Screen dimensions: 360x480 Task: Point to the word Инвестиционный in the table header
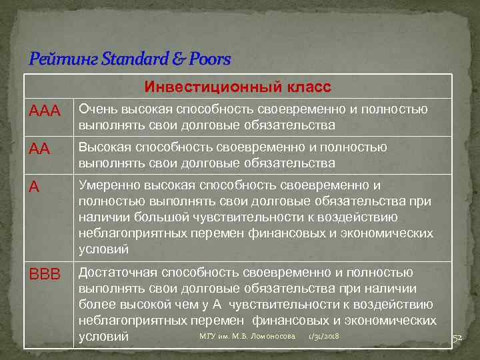click(x=203, y=88)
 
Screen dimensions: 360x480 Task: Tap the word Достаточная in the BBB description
click(x=119, y=273)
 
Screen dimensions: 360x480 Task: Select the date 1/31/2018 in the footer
click(x=325, y=336)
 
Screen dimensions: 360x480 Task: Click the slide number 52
click(x=457, y=338)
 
